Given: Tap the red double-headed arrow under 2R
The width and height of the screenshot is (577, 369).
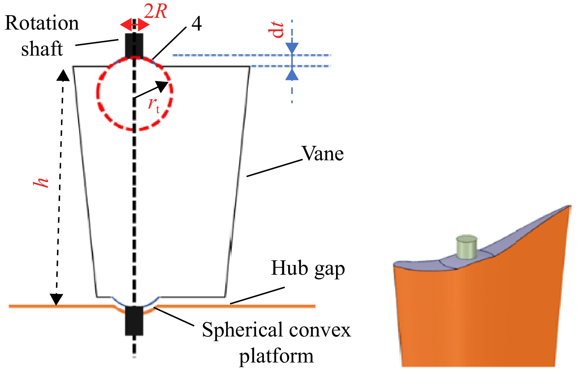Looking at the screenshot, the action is [x=134, y=24].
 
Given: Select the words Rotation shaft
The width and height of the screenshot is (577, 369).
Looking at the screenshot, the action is [x=42, y=36].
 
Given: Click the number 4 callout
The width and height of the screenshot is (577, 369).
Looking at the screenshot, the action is [x=196, y=23].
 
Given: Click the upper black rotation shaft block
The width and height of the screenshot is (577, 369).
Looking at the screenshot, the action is [x=134, y=46].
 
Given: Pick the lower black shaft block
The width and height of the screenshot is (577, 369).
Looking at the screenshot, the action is [x=134, y=321].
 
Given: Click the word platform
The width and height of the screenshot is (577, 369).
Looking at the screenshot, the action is [x=276, y=356].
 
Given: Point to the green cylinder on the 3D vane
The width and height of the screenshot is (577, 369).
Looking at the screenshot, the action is [x=467, y=247].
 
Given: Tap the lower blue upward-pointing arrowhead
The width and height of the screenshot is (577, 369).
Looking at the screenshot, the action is [x=292, y=74].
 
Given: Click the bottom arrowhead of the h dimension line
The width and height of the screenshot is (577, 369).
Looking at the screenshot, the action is [x=56, y=299].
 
